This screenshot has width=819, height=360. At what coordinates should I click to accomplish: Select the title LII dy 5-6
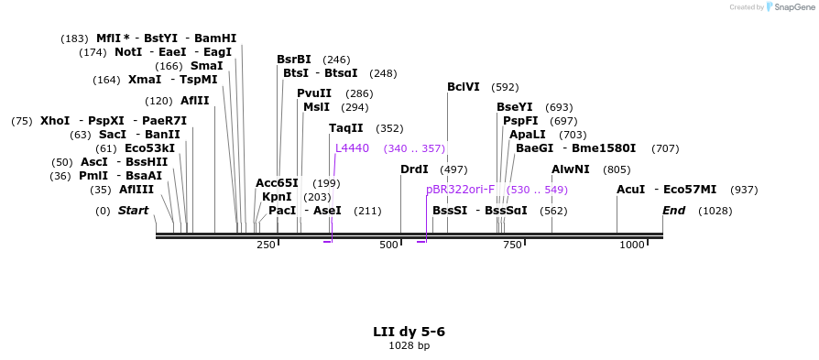click(409, 332)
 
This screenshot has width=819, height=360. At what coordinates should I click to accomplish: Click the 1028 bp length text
click(409, 346)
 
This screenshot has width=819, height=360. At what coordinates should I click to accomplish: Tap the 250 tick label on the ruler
click(266, 245)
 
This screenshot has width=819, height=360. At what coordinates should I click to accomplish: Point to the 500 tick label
click(389, 245)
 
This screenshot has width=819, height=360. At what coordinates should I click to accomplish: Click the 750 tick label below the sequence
click(512, 245)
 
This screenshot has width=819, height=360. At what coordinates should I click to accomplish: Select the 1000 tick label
click(632, 245)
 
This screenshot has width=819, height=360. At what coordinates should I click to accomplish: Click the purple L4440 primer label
click(352, 148)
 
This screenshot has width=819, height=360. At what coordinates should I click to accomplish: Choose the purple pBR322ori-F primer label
click(460, 190)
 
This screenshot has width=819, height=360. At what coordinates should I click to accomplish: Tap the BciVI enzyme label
click(464, 88)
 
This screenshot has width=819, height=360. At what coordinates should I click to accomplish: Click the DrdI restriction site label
click(414, 169)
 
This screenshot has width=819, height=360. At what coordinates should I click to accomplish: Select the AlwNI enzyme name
click(571, 169)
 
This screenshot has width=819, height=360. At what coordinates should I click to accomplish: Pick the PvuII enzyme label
click(314, 93)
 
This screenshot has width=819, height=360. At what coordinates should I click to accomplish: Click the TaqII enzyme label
click(346, 128)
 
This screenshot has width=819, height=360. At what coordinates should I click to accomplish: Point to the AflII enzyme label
click(194, 101)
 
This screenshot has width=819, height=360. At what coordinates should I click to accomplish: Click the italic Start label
click(133, 211)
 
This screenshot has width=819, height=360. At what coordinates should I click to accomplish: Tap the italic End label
click(674, 211)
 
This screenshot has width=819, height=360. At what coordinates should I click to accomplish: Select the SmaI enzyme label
click(206, 66)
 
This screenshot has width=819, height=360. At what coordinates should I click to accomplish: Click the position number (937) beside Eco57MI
click(744, 190)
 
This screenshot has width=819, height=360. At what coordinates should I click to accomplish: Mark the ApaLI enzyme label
click(528, 135)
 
